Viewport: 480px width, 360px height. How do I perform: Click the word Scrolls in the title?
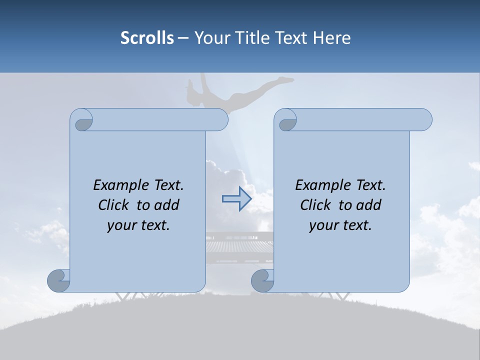point(147,38)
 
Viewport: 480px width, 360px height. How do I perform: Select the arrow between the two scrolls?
point(236,199)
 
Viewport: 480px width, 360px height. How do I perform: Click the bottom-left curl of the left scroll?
point(59,280)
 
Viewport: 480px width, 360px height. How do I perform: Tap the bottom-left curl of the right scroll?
point(263,280)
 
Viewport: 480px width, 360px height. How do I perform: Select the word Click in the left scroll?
point(114,205)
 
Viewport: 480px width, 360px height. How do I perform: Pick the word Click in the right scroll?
point(316,205)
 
